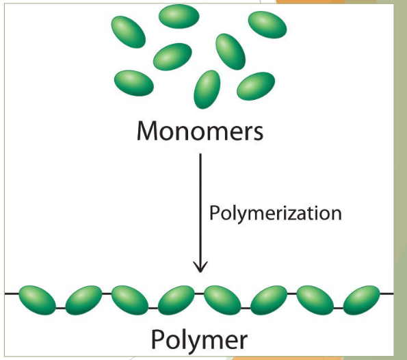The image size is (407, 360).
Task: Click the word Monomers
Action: pyautogui.click(x=200, y=130)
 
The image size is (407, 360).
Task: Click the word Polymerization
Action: pyautogui.click(x=275, y=213)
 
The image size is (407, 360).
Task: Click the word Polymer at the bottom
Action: pyautogui.click(x=199, y=339)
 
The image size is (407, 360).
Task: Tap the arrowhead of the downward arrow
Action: pyautogui.click(x=200, y=265)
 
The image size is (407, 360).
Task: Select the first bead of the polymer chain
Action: pyautogui.click(x=37, y=299)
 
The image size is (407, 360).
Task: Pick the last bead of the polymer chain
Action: pyautogui.click(x=361, y=299)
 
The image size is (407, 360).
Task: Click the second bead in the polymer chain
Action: pyautogui.click(x=83, y=300)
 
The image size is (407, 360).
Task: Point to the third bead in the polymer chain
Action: pyautogui.click(x=130, y=300)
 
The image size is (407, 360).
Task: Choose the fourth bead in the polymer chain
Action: pyautogui.click(x=176, y=300)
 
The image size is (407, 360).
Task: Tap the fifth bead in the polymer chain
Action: pyautogui.click(x=222, y=300)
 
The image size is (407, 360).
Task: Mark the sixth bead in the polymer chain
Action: pyautogui.click(x=269, y=300)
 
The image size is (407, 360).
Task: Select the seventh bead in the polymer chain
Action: pyautogui.click(x=315, y=300)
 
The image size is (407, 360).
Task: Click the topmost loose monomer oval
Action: pyautogui.click(x=179, y=16)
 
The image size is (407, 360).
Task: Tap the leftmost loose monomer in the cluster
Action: pyautogui.click(x=128, y=31)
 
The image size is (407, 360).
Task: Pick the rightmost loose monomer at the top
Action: pyautogui.click(x=267, y=25)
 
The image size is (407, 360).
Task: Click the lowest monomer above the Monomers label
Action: pyautogui.click(x=207, y=89)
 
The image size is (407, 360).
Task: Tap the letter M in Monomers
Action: pyautogui.click(x=148, y=130)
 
